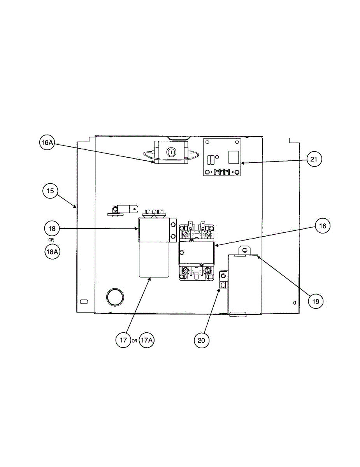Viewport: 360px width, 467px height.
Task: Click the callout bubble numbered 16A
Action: tap(47, 142)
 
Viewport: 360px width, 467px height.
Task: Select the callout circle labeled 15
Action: tap(50, 191)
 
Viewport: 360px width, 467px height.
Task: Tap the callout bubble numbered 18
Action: tap(52, 229)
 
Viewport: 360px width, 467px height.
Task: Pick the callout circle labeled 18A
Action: tap(52, 252)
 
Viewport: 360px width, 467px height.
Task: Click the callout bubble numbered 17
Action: tap(123, 340)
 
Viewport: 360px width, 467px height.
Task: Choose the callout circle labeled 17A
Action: tap(147, 340)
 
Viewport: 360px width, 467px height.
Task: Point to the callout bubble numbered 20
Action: tap(201, 341)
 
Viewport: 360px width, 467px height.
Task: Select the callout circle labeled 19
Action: tap(316, 302)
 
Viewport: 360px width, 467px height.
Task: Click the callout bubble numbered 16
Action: tap(323, 226)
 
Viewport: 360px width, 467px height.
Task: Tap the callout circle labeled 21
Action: tap(314, 159)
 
